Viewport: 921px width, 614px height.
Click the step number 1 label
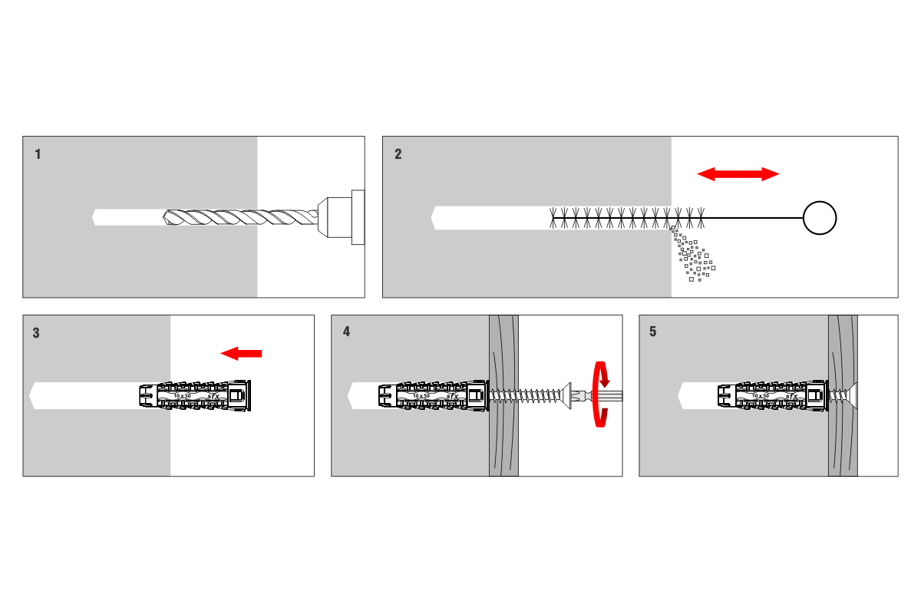pyautogui.click(x=38, y=154)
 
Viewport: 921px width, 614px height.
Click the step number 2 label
pyautogui.click(x=398, y=154)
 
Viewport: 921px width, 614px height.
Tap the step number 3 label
pyautogui.click(x=37, y=333)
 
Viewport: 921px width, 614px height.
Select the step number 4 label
pyautogui.click(x=346, y=332)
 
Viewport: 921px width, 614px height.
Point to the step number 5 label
pyautogui.click(x=653, y=332)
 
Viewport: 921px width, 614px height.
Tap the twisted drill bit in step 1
pyautogui.click(x=238, y=218)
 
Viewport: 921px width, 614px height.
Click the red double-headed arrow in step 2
pyautogui.click(x=738, y=174)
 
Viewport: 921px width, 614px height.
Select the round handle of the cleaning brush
pyautogui.click(x=819, y=218)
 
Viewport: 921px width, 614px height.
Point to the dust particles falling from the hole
pyautogui.click(x=693, y=257)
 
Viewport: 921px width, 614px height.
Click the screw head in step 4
pyautogui.click(x=570, y=396)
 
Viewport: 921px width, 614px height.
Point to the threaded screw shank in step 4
pyautogui.click(x=530, y=396)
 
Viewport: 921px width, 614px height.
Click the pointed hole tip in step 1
pyautogui.click(x=95, y=218)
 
